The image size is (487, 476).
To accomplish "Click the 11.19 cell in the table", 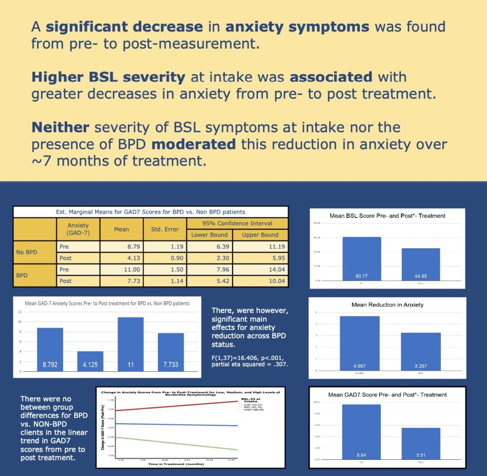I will pos(261,247).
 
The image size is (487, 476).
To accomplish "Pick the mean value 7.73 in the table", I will pos(121,281).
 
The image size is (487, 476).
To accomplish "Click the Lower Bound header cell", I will pos(209,235).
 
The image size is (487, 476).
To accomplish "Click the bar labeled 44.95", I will pos(420,264).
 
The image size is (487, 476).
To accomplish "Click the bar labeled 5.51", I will pos(420,442).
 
